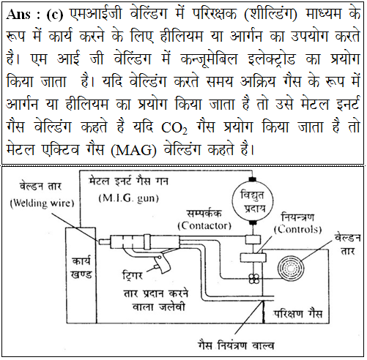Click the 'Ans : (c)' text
(x=34, y=15)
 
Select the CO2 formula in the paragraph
(x=174, y=127)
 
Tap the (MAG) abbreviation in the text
(x=133, y=150)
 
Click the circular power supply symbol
(x=252, y=201)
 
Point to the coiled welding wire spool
(x=291, y=269)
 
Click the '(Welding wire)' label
(x=42, y=203)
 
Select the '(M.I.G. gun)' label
(x=129, y=198)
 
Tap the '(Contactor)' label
(x=204, y=225)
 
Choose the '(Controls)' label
(x=297, y=229)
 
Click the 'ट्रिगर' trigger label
(x=133, y=275)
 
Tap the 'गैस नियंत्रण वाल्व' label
(x=236, y=345)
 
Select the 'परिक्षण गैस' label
(x=297, y=314)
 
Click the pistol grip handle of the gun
(x=163, y=263)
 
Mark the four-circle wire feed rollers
(x=254, y=278)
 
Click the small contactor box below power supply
(x=253, y=239)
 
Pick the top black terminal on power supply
(x=252, y=179)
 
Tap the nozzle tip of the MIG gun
(x=104, y=241)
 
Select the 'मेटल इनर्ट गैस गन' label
(x=128, y=181)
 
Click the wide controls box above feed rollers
(x=253, y=258)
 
